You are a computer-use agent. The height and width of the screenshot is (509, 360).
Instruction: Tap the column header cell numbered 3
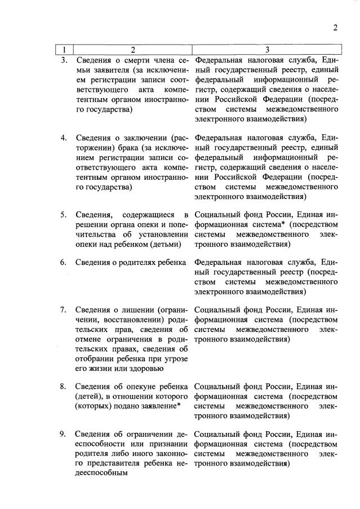click(267, 49)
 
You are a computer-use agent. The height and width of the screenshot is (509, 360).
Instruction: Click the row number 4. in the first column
click(64, 137)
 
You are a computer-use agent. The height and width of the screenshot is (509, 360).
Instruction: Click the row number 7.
click(64, 309)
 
